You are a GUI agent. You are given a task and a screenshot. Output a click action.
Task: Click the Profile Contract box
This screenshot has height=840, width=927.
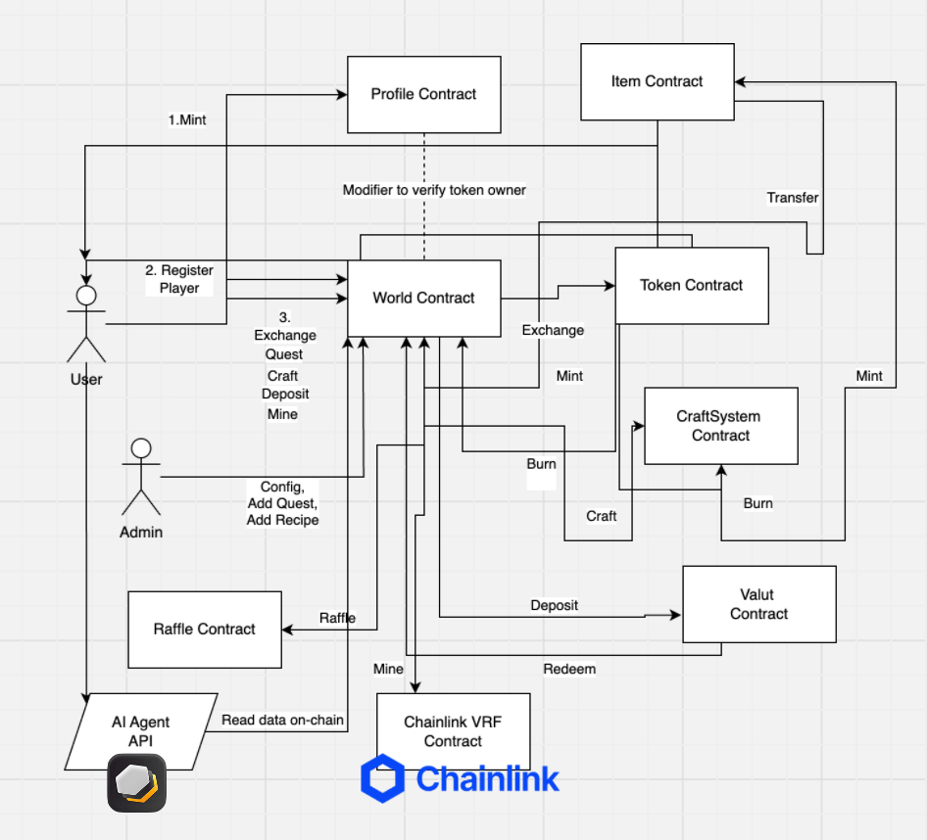point(424,95)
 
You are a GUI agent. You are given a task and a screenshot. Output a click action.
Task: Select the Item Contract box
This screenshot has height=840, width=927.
point(658,81)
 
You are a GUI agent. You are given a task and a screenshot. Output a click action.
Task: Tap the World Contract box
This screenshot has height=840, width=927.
point(424,299)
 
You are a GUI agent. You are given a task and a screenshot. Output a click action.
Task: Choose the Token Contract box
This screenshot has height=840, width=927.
point(692,285)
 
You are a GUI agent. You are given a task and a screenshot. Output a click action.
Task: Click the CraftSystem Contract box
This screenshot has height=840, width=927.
point(720,426)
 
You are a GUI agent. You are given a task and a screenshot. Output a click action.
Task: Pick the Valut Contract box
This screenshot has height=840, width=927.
point(759,604)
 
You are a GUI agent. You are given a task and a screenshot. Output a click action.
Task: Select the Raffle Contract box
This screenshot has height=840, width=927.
point(205,630)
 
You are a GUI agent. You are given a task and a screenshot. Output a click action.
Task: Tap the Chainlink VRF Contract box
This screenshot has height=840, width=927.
point(454,732)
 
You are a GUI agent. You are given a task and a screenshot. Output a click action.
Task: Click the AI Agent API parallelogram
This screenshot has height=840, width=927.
point(141,732)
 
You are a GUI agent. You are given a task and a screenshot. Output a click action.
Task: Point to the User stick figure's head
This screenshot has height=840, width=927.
point(86,296)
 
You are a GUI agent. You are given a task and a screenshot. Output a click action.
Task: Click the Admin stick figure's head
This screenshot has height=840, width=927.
point(141,448)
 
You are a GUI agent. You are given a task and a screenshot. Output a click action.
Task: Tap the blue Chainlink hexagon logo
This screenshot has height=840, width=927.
point(382,778)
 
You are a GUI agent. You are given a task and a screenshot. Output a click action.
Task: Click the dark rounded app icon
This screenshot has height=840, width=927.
point(136,783)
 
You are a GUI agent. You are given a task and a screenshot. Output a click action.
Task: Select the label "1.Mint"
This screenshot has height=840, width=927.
point(187,119)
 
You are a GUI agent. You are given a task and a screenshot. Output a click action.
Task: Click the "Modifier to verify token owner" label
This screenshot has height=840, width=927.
point(434,190)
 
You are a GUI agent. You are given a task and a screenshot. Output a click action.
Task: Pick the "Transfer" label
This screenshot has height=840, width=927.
point(793,198)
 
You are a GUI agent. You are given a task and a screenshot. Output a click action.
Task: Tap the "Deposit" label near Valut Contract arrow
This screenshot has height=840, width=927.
point(554,605)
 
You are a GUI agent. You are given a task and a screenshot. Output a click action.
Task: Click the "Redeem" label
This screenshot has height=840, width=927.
point(569,670)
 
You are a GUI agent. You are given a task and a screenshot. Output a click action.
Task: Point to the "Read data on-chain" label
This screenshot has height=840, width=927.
point(282,721)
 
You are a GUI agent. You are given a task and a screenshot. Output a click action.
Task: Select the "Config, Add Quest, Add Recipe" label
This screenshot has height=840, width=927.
point(282,503)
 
